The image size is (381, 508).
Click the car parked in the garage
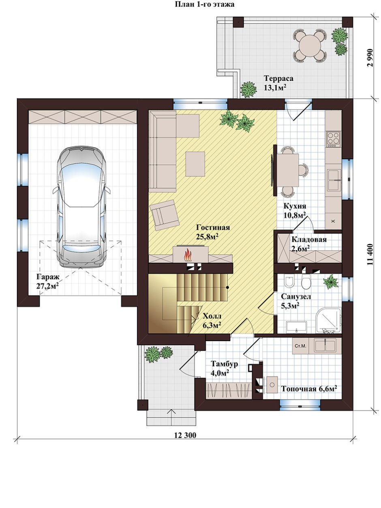click(81, 207)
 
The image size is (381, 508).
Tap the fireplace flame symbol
click(188, 255)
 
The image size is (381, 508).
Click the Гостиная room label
click(213, 227)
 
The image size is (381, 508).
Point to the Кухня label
click(295, 206)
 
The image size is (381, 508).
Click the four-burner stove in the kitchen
click(333, 139)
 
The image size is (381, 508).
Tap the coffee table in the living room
click(195, 164)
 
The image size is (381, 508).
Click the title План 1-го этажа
click(204, 4)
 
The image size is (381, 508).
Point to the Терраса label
click(279, 78)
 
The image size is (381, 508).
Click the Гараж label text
click(48, 277)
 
